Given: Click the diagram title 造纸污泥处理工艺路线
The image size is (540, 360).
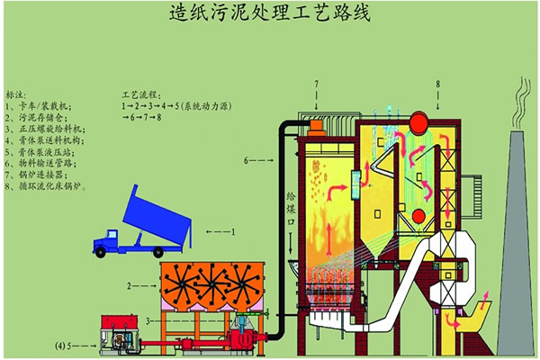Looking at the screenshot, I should (x=270, y=15).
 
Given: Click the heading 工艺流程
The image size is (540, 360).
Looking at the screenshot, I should (x=139, y=93).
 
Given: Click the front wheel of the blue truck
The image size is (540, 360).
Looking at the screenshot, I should (x=109, y=249).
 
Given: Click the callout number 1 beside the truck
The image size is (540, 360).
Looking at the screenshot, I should (x=232, y=231).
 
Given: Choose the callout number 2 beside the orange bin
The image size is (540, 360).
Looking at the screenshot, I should (x=131, y=284).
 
